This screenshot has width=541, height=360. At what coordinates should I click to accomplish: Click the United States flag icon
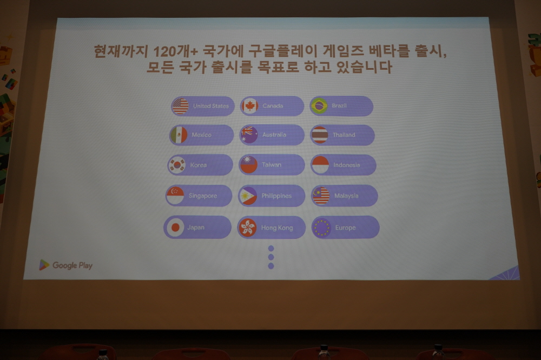[x=180, y=106]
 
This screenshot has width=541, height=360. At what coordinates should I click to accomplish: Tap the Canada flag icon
[x=249, y=106]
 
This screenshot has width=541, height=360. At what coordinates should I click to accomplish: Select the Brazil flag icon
[x=319, y=105]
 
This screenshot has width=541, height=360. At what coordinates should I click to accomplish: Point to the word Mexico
[x=201, y=135]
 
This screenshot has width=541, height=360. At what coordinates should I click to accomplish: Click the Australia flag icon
[x=249, y=135]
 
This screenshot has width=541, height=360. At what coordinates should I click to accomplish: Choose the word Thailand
[x=344, y=135]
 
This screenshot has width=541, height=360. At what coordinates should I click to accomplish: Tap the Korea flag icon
[x=177, y=165]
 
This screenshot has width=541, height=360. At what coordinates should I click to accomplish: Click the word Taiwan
[x=272, y=165]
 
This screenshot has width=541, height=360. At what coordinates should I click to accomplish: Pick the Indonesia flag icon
[x=320, y=165]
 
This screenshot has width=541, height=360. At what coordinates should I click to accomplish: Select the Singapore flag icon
[x=175, y=196]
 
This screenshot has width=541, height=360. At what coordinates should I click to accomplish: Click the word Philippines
[x=276, y=196]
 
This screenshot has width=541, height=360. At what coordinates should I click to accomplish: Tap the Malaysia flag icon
[x=321, y=196]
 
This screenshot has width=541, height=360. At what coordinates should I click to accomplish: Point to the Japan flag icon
[x=175, y=227]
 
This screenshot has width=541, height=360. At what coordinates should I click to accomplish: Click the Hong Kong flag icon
[x=247, y=228]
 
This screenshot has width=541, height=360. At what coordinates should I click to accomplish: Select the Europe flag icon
[x=321, y=228]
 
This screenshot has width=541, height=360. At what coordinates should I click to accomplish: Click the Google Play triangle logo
[x=44, y=265]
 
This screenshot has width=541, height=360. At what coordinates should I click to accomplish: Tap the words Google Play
[x=72, y=265]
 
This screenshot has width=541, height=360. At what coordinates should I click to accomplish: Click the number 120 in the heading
[x=164, y=52]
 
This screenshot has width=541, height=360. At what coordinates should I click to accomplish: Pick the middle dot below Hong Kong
[x=271, y=257]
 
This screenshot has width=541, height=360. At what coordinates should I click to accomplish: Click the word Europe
[x=345, y=228]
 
